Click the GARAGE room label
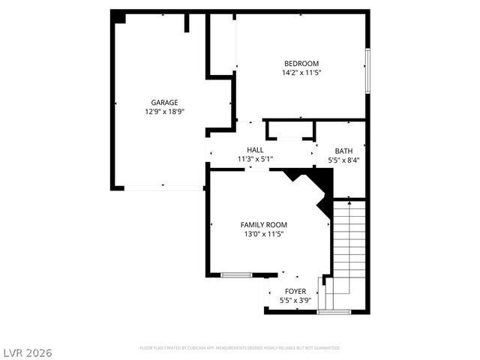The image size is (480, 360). (x=164, y=102)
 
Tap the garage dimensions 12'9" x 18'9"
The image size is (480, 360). (x=164, y=111)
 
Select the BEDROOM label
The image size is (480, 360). (x=301, y=63)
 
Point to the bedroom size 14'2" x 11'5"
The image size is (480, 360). (x=301, y=73)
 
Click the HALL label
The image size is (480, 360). (x=255, y=150)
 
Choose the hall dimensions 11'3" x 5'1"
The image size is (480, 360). (x=255, y=159)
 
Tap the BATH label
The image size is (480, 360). (x=343, y=151)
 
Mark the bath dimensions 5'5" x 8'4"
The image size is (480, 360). (x=343, y=160)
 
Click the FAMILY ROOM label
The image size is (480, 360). (x=263, y=224)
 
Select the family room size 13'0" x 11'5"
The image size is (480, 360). (x=263, y=234)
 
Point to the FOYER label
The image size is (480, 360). (x=295, y=291)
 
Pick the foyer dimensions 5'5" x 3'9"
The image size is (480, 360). (x=295, y=301)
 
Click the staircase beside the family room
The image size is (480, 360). (x=349, y=247)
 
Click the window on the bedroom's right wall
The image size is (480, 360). (x=367, y=72)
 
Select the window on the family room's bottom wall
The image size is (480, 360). (x=235, y=275)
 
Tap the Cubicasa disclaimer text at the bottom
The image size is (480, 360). (x=240, y=348)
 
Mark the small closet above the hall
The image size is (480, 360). (x=289, y=130)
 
